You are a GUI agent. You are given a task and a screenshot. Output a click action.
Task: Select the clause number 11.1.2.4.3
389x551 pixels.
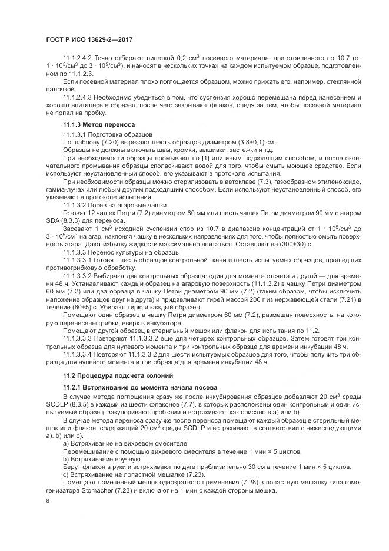click(79, 97)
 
